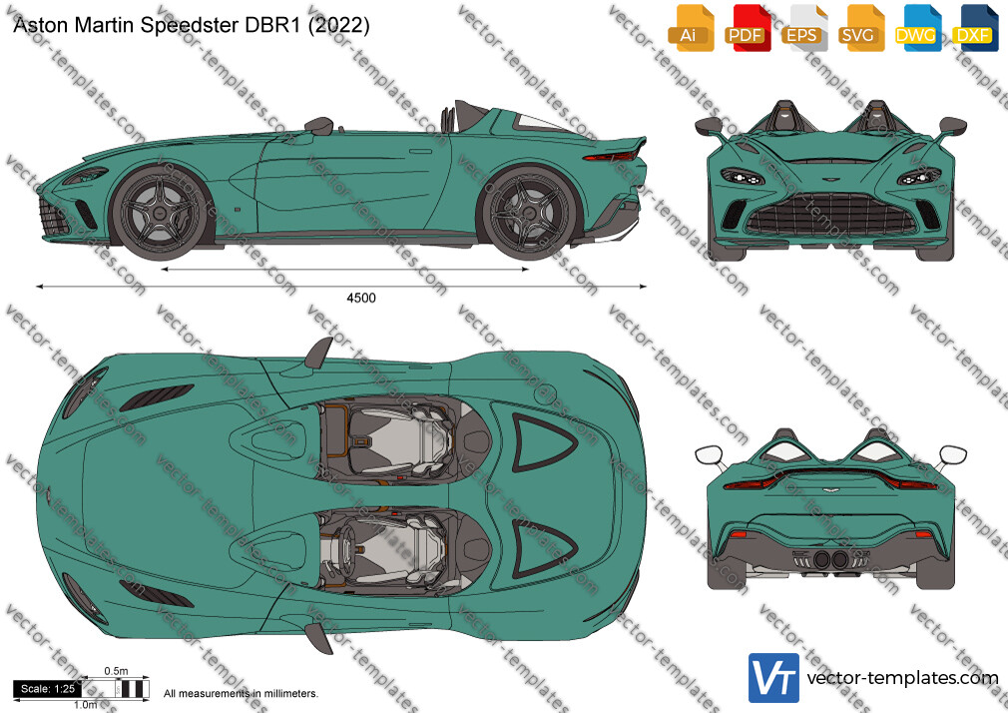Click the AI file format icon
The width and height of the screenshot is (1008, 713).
(x=691, y=28)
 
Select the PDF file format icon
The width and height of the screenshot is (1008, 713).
(x=747, y=28)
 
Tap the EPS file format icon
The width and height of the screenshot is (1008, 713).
(x=803, y=28)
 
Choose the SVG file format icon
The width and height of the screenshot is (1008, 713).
(x=860, y=28)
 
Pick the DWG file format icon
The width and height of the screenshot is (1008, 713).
(x=917, y=28)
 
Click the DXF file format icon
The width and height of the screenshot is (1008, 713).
(x=975, y=28)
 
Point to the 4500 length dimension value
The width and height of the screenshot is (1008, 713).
(x=361, y=298)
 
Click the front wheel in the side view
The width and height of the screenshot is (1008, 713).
(x=160, y=212)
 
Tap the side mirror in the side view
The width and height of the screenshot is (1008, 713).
(x=319, y=125)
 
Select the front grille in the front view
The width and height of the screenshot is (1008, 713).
(x=830, y=215)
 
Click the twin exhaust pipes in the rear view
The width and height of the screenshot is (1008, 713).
(x=830, y=559)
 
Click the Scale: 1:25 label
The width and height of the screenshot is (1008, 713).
(x=48, y=689)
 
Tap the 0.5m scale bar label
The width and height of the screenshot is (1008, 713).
(x=116, y=671)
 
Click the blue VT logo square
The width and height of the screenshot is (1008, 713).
(x=774, y=678)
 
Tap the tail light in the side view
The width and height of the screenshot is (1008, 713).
(x=610, y=156)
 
